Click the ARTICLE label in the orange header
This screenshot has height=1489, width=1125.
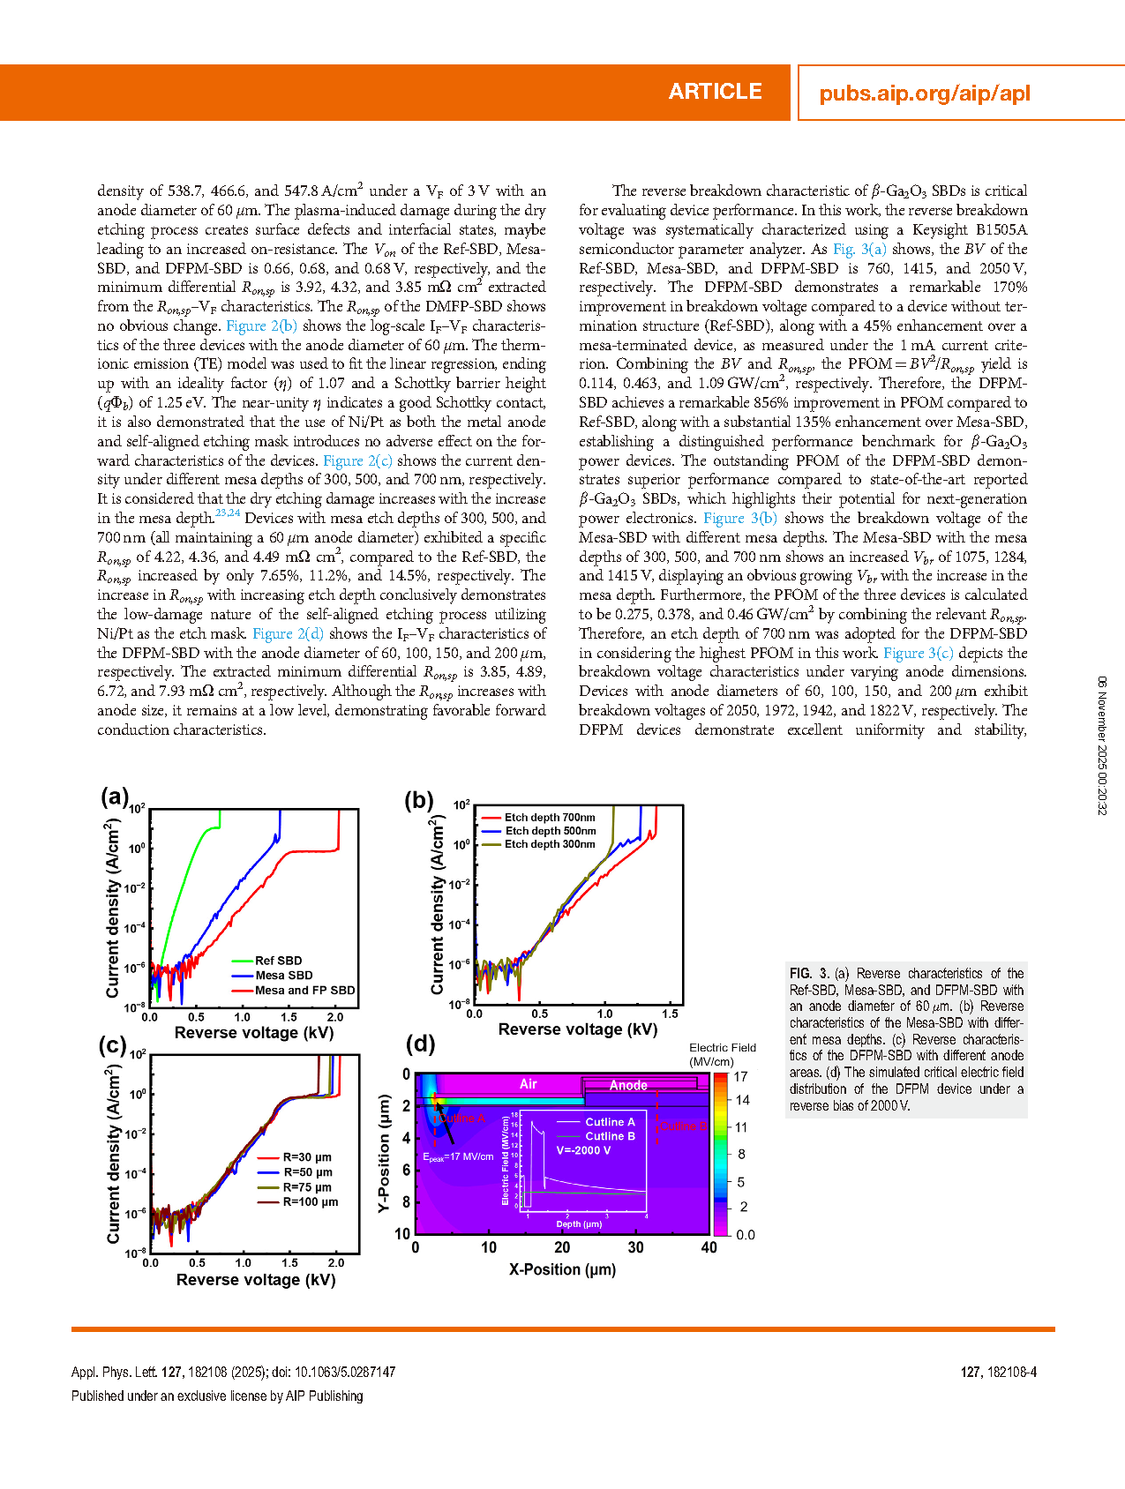pos(715,92)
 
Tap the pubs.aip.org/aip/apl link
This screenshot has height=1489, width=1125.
pos(924,94)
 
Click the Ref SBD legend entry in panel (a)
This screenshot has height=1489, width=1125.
pos(278,961)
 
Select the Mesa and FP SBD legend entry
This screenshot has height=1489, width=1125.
pos(304,991)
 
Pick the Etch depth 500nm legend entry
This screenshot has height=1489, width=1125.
pos(550,831)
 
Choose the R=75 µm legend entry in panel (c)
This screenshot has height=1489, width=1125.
pos(307,1187)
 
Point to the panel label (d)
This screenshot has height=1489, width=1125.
pos(420,1044)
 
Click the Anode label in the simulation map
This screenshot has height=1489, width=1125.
pos(628,1086)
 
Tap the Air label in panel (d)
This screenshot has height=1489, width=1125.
pos(528,1084)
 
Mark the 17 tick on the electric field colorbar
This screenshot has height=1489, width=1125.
pos(741,1077)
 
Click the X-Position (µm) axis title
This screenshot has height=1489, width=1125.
pos(562,1269)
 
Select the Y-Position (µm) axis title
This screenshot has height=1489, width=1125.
pos(384,1154)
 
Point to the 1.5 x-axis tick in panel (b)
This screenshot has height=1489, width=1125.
pos(670,1014)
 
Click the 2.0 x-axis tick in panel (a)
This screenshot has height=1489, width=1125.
pos(334,1017)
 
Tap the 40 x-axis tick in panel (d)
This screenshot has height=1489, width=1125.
pos(709,1247)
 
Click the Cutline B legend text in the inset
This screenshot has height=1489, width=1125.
pos(610,1136)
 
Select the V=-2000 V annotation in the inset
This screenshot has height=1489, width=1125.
pos(583,1150)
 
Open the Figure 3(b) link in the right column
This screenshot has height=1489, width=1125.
pos(739,519)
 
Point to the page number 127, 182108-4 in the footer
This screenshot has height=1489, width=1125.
pos(998,1373)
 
